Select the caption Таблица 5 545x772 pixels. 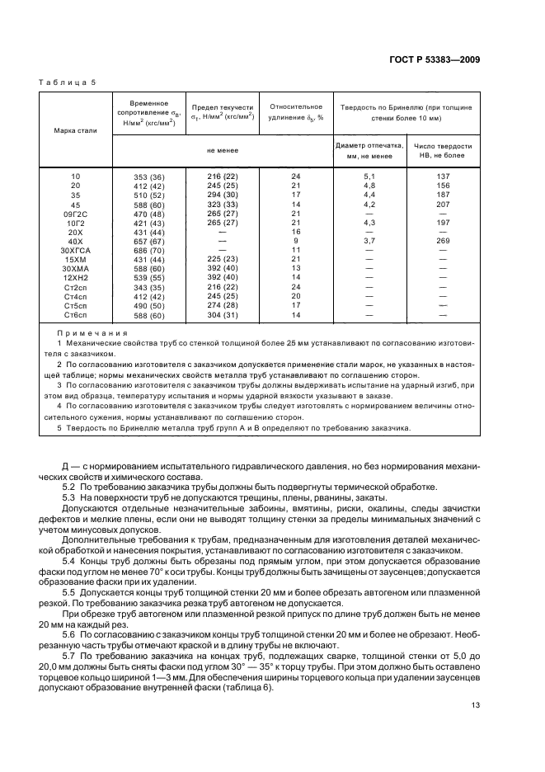[x=68, y=83]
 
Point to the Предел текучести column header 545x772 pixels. [x=223, y=112]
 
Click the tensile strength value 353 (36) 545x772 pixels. [x=149, y=177]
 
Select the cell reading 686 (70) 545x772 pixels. [x=149, y=250]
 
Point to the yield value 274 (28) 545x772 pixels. [x=222, y=306]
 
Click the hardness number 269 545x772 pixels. [x=443, y=241]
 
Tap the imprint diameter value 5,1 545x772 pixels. [x=369, y=177]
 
